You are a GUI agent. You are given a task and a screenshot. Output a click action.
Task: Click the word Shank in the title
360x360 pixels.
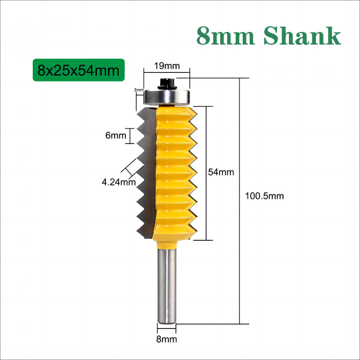pyautogui.click(x=302, y=36)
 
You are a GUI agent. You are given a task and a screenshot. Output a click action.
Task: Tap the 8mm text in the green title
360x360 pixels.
pyautogui.click(x=226, y=36)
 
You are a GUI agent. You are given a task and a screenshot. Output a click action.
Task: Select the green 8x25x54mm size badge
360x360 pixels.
pyautogui.click(x=79, y=70)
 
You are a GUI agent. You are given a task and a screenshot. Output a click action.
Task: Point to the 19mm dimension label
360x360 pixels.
pyautogui.click(x=166, y=66)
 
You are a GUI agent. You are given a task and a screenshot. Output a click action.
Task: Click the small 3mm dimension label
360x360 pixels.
pyautogui.click(x=139, y=90)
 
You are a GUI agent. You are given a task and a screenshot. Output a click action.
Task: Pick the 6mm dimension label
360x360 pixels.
pyautogui.click(x=116, y=135)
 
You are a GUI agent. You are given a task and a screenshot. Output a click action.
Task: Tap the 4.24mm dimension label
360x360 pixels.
pyautogui.click(x=119, y=182)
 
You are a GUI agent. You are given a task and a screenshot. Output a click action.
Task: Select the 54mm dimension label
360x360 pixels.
pyautogui.click(x=221, y=172)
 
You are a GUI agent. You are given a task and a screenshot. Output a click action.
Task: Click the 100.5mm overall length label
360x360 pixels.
pyautogui.click(x=264, y=196)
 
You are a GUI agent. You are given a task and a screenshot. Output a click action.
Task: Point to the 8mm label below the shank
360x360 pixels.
pyautogui.click(x=166, y=339)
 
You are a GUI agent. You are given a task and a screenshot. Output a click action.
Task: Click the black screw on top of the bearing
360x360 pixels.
pyautogui.click(x=167, y=84)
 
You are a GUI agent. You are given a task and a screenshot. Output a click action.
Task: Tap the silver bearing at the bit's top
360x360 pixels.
pyautogui.click(x=167, y=97)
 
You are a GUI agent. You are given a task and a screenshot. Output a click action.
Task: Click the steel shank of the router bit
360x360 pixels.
pyautogui.click(x=166, y=286)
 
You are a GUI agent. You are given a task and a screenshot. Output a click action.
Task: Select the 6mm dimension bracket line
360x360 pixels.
pyautogui.click(x=130, y=136)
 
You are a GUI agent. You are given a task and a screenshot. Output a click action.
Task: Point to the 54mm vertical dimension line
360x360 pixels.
pyautogui.click(x=207, y=173)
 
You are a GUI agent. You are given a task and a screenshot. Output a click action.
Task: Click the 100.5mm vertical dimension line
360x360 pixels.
pyautogui.click(x=240, y=201)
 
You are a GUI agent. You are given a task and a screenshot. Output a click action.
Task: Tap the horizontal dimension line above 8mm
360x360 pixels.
pyautogui.click(x=166, y=328)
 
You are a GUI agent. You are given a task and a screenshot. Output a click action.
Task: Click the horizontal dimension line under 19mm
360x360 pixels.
pyautogui.click(x=166, y=72)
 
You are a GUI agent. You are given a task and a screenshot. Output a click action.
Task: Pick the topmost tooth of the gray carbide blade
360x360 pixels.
pyautogui.click(x=144, y=116)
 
